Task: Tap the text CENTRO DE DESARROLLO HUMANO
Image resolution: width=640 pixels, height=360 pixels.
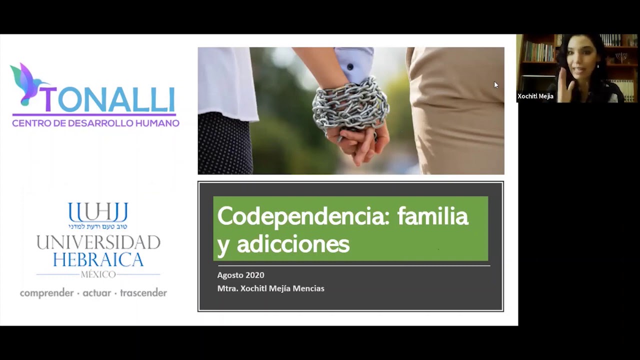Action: (95, 123)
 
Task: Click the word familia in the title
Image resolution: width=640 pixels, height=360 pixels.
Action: (432, 216)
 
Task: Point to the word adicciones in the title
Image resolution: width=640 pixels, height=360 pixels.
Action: (292, 244)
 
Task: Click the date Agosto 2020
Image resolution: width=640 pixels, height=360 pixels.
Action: (240, 275)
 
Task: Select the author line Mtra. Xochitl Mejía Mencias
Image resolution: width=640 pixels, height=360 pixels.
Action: (270, 288)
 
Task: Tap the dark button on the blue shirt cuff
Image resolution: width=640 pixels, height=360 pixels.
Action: (351, 67)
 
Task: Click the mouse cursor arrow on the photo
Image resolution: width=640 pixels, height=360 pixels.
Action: (496, 85)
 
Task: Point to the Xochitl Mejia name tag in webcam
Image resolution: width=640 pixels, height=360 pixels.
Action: (535, 96)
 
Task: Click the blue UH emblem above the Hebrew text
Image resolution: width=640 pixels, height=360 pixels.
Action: (98, 212)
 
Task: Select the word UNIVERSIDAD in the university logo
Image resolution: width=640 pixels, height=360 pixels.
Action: (98, 243)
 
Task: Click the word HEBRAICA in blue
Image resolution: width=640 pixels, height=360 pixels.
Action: (98, 260)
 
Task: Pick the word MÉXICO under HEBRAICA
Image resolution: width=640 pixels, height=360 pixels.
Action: (98, 274)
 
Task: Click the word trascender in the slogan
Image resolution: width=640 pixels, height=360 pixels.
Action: (143, 293)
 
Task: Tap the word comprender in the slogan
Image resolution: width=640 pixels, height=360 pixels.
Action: (46, 293)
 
